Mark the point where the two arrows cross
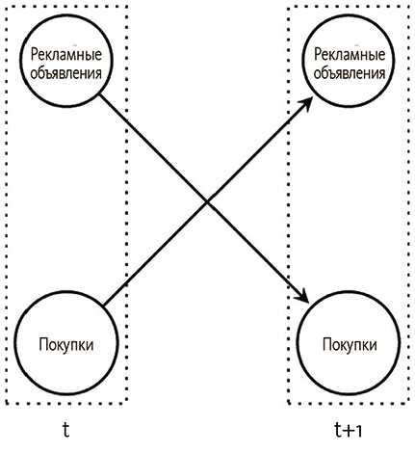click(207, 202)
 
